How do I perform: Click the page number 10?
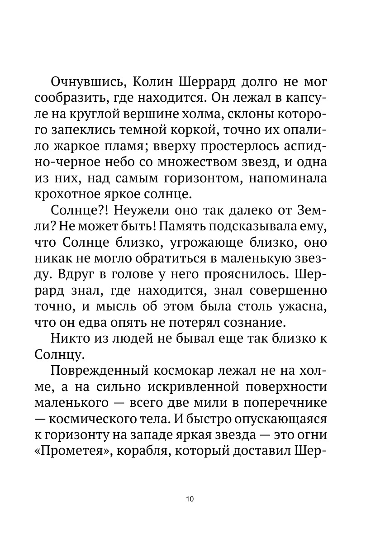tap(190, 499)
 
